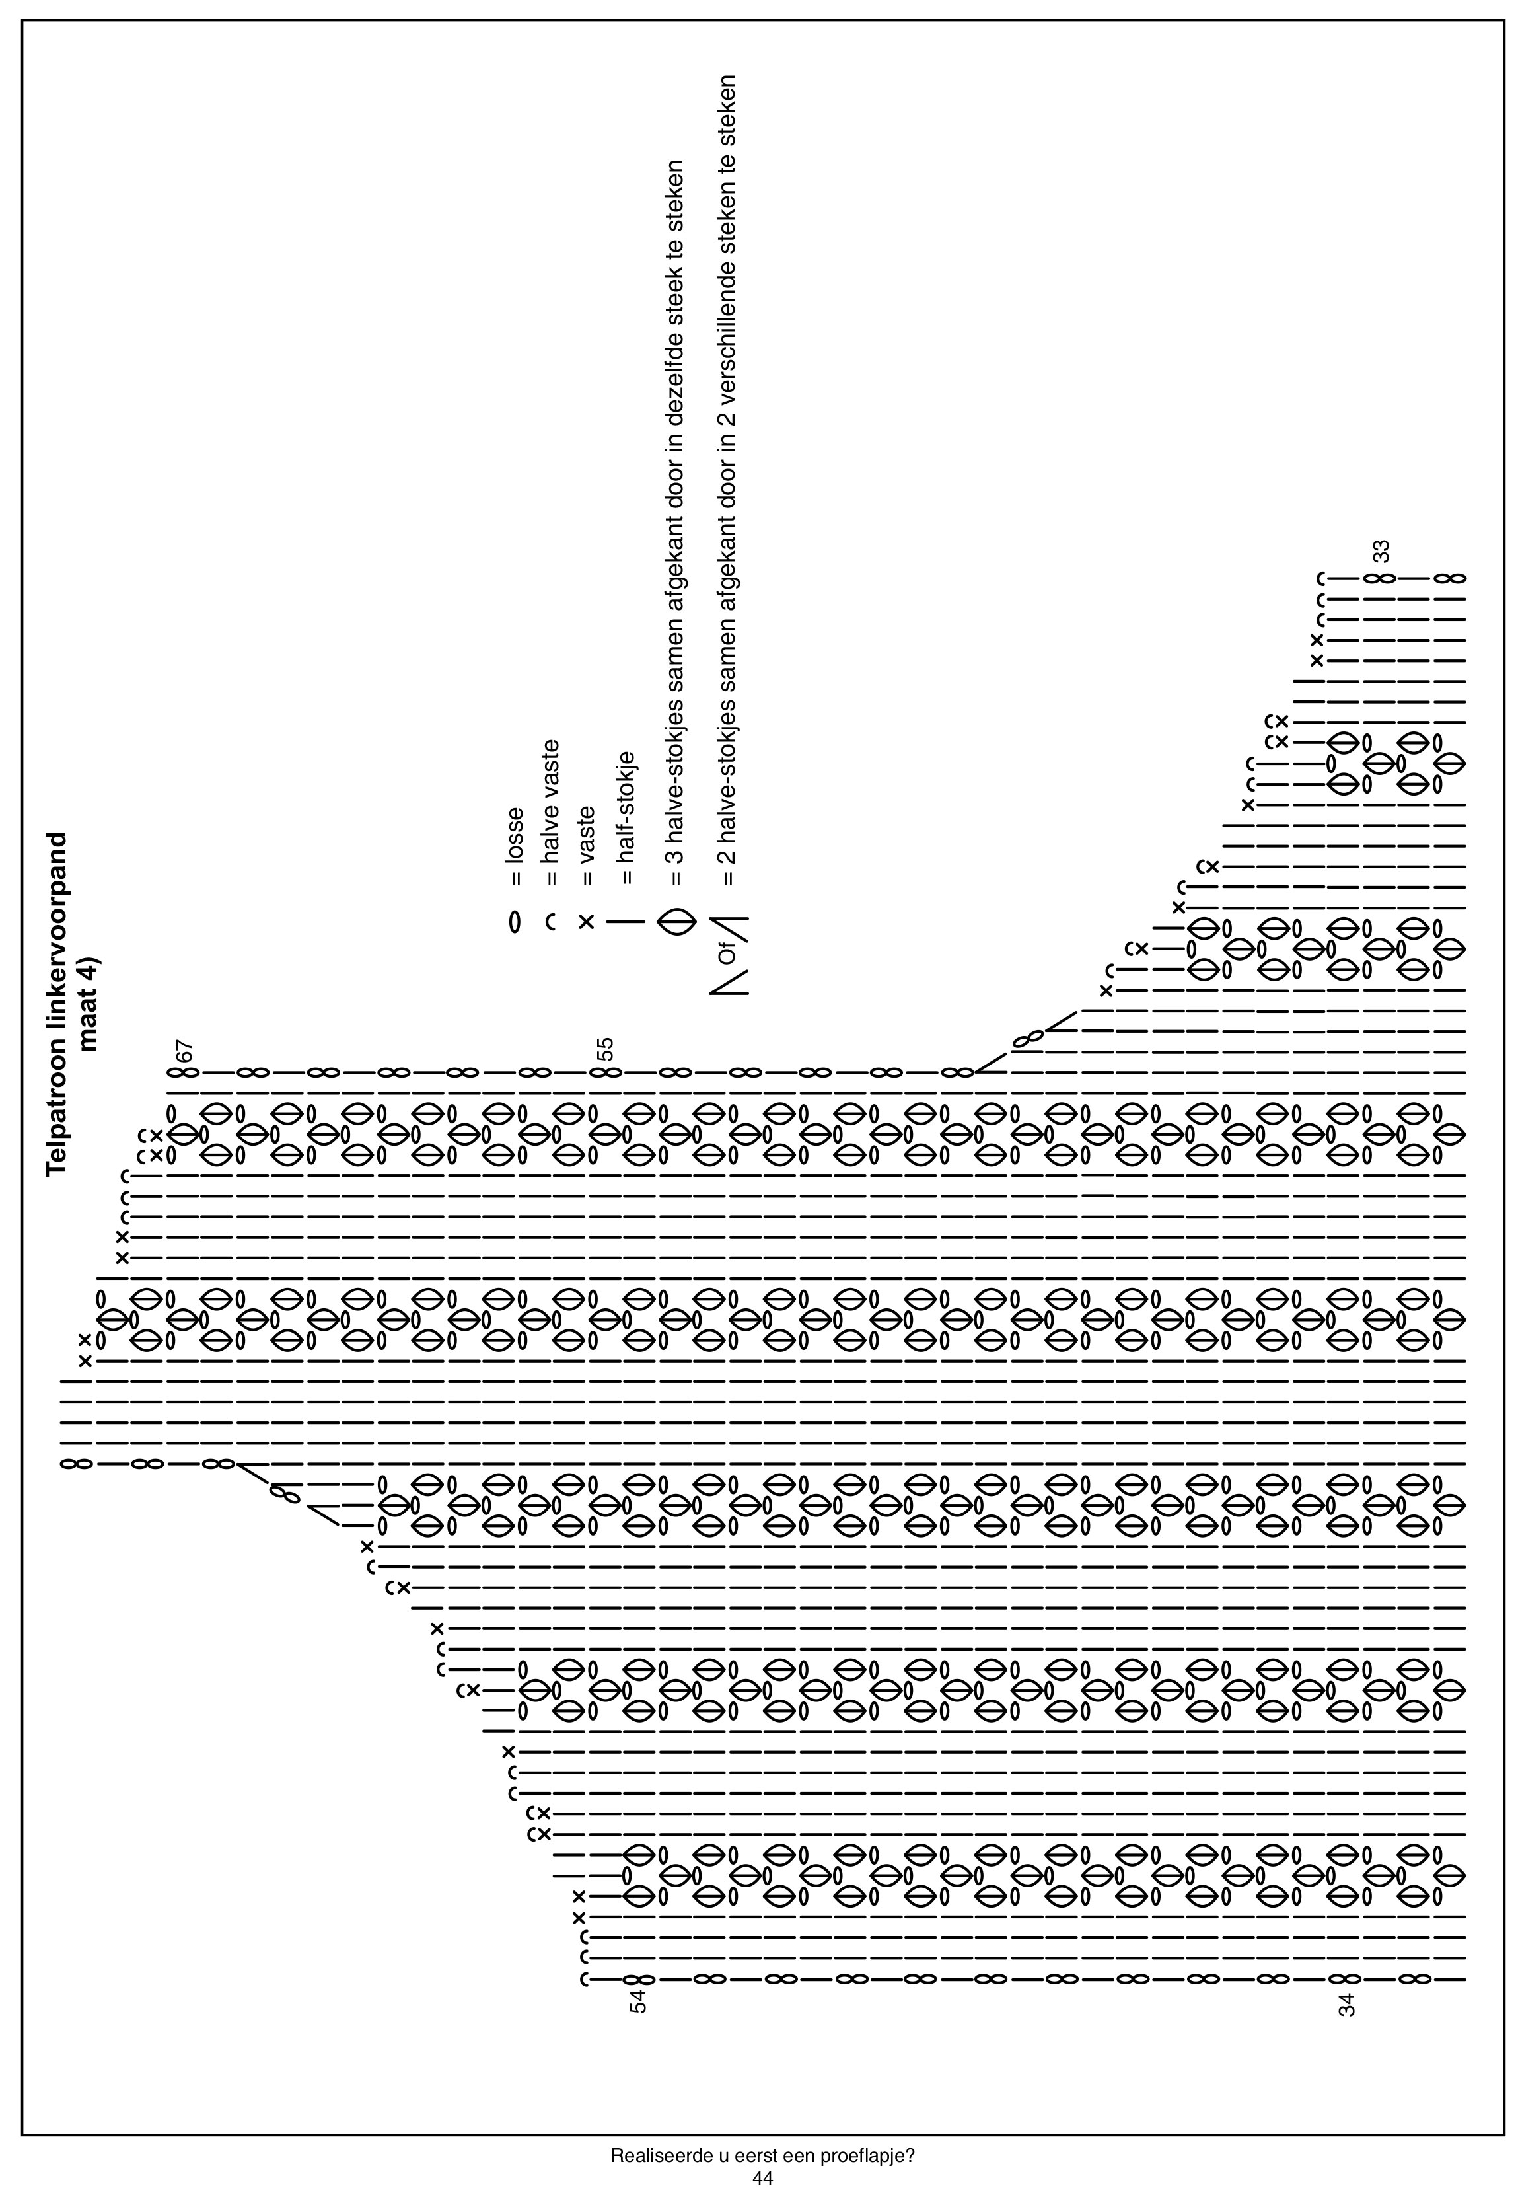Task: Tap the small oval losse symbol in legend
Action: [515, 922]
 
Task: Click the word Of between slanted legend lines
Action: [729, 953]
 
